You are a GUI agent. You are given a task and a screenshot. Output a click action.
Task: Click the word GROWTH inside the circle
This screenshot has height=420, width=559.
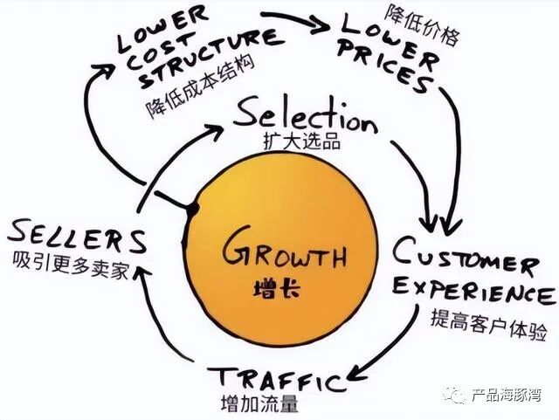(x=284, y=254)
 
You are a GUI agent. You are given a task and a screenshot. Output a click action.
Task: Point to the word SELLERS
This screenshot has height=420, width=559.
(x=76, y=237)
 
